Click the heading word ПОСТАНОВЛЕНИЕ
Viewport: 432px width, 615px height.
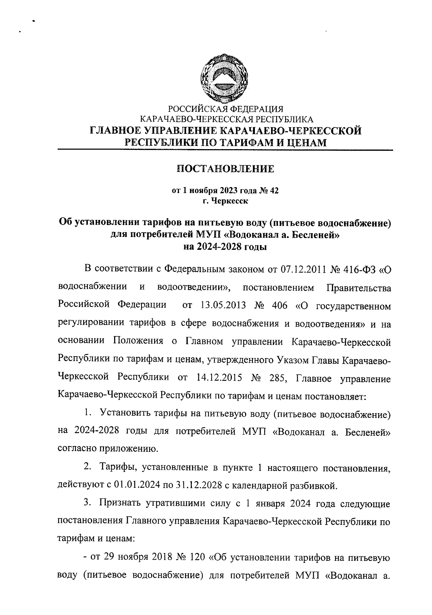[x=225, y=169]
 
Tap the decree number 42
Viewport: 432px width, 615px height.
[x=273, y=191]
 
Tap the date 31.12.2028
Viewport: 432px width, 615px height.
[x=198, y=486]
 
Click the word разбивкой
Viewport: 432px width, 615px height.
[x=313, y=486]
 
